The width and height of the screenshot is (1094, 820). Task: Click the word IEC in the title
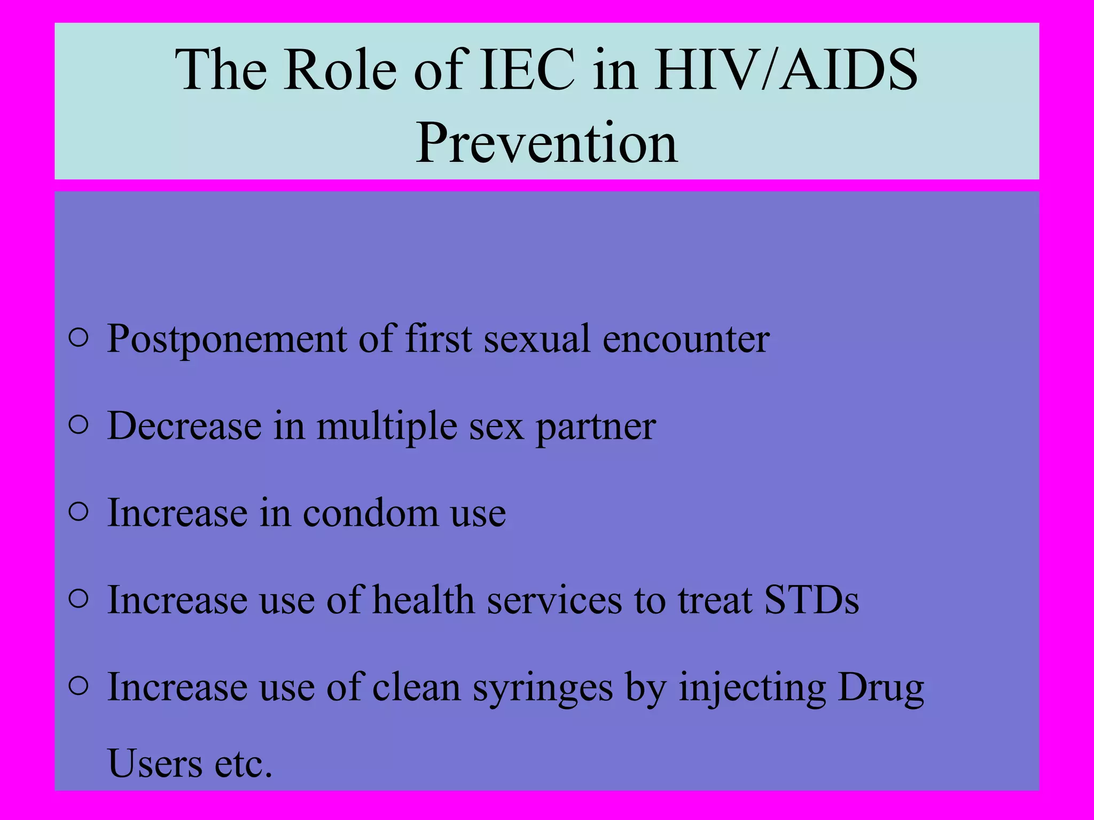click(x=527, y=70)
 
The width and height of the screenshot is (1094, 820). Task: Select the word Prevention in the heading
click(x=547, y=143)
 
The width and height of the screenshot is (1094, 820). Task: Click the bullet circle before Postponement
click(x=79, y=338)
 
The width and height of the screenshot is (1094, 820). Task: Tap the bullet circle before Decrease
click(x=79, y=425)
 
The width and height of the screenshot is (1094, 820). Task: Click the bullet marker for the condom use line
click(x=79, y=512)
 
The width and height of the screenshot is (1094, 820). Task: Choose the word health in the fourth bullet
click(x=423, y=600)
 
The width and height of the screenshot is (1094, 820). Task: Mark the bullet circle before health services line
click(x=79, y=599)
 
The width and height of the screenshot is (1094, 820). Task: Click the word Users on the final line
click(x=155, y=764)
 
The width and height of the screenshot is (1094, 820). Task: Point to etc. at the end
click(x=244, y=764)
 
